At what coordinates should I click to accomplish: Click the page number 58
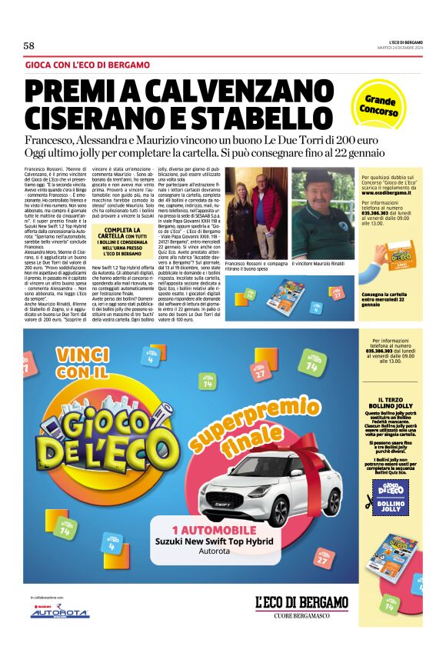[30, 45]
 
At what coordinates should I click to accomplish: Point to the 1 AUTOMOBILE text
[214, 530]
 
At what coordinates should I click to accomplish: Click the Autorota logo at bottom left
[59, 613]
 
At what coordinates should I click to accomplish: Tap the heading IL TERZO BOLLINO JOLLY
[391, 405]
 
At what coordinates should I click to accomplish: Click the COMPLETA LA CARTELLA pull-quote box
[122, 241]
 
